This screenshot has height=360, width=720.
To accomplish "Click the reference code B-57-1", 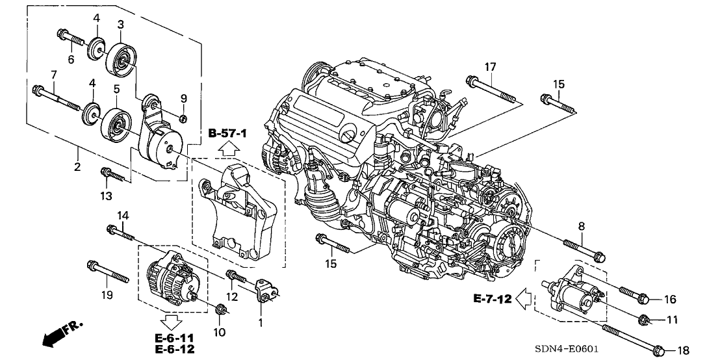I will (228, 133).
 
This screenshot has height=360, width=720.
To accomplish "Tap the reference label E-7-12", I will (493, 299).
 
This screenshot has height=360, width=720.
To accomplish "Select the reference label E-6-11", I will (174, 338).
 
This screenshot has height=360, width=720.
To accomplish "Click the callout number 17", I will (489, 66).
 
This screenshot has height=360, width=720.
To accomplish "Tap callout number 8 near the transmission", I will (581, 225).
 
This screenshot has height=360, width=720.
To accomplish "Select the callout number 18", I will (682, 350).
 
